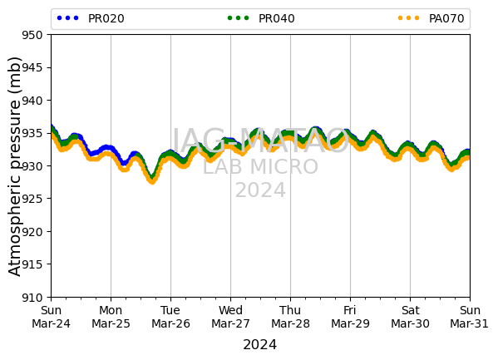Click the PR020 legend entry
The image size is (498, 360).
click(x=91, y=18)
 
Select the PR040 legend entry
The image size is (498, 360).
click(x=261, y=18)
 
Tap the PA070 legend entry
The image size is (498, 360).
click(x=431, y=18)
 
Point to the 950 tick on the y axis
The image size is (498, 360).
click(x=32, y=35)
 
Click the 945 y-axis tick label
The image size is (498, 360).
click(x=32, y=67)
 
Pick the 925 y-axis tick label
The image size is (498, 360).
click(x=32, y=199)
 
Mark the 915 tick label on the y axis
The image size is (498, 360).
click(x=32, y=264)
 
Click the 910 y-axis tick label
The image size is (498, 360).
click(x=32, y=298)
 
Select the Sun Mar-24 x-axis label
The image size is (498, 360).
click(x=52, y=317)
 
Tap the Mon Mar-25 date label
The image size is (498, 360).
click(x=111, y=317)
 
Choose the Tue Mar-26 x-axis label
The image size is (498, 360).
click(x=170, y=317)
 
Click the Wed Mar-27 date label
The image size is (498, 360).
click(x=230, y=317)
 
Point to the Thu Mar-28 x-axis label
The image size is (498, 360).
click(x=290, y=317)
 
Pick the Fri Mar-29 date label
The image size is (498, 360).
click(x=350, y=317)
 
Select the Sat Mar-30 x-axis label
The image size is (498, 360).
click(x=410, y=317)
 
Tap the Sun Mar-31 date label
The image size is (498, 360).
click(x=469, y=317)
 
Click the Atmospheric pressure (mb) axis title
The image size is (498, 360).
click(x=15, y=166)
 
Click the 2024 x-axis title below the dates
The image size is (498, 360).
click(x=259, y=345)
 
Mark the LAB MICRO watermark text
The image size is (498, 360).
click(x=260, y=167)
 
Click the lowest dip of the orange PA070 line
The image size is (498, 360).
click(x=152, y=181)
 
